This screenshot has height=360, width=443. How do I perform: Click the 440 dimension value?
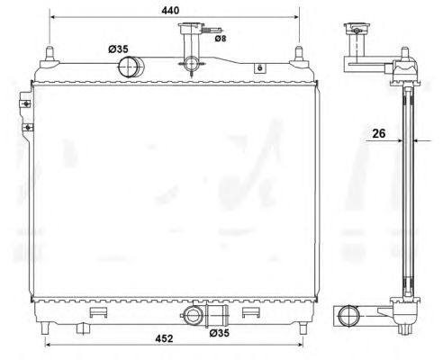pyautogui.click(x=170, y=10)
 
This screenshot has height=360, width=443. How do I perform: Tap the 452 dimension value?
pyautogui.click(x=164, y=338)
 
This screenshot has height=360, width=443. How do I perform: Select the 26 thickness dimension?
pyautogui.click(x=378, y=133)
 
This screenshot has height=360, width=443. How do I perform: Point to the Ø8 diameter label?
pyautogui.click(x=221, y=39)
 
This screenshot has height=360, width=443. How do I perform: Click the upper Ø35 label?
pyautogui.click(x=118, y=49)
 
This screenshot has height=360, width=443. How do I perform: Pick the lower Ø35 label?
pyautogui.click(x=219, y=333)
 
